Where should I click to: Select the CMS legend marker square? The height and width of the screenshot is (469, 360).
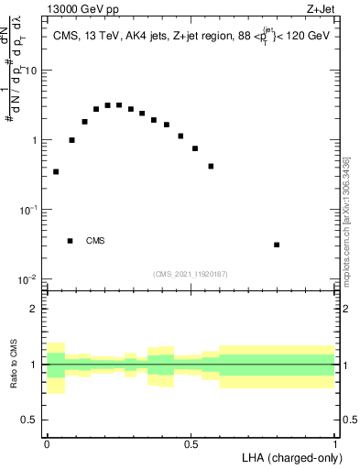71,241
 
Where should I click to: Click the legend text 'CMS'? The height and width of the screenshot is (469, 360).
95,241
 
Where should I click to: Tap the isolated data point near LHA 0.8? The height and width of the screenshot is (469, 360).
277,245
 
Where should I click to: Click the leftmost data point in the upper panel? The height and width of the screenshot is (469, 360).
56,171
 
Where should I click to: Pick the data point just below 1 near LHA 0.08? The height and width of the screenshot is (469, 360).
71,140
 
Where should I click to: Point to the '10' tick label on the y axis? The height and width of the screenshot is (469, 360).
32,71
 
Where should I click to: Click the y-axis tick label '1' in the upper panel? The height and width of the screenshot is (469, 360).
35,140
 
